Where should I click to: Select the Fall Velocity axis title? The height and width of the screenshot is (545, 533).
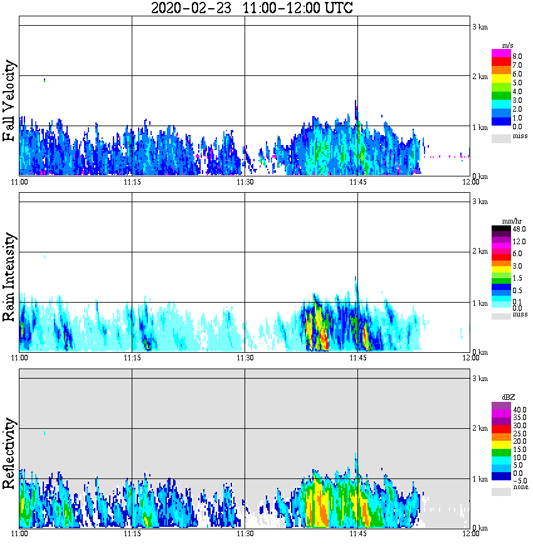(x=9, y=102)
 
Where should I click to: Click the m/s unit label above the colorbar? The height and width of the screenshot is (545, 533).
(x=508, y=45)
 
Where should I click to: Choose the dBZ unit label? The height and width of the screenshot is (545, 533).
(x=508, y=397)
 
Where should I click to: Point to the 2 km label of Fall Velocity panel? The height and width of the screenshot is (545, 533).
(x=480, y=77)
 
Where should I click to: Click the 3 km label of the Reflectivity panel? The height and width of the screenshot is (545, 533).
(x=480, y=379)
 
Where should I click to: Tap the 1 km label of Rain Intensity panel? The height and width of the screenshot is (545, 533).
(x=480, y=303)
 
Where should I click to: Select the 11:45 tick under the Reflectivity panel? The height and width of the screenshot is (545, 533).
(x=358, y=534)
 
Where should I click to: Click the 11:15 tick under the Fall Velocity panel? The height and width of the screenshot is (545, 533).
(x=132, y=182)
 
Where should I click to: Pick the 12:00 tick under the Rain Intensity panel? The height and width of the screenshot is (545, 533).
(x=470, y=358)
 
